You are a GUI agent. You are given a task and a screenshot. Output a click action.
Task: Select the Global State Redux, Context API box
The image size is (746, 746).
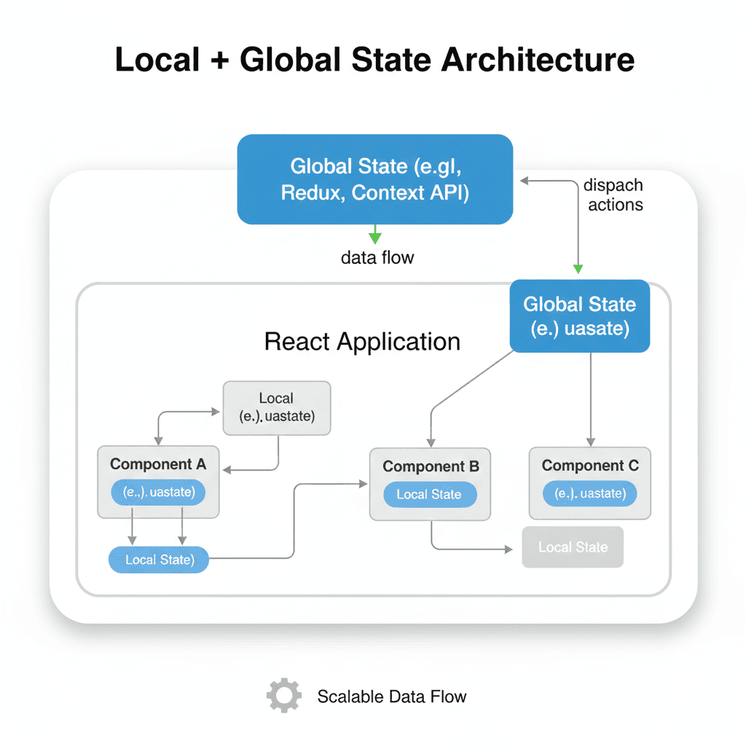click(x=375, y=178)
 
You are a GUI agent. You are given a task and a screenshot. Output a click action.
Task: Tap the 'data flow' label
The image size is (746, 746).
click(x=377, y=257)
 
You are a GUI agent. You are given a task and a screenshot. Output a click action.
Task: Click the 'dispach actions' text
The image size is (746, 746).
click(x=614, y=195)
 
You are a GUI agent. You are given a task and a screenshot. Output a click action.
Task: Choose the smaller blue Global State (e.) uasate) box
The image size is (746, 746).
click(x=579, y=316)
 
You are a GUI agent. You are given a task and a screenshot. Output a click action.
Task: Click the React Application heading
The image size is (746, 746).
click(x=362, y=342)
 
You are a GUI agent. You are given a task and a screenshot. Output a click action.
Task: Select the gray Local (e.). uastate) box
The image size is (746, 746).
click(x=276, y=408)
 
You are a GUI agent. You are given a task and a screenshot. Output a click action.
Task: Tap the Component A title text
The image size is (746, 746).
click(x=158, y=464)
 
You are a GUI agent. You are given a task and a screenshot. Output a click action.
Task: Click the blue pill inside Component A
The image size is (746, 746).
click(x=158, y=492)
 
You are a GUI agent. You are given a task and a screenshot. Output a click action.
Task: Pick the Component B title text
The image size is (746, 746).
click(x=431, y=466)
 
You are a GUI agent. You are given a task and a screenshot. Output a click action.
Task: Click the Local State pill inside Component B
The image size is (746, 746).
click(x=429, y=495)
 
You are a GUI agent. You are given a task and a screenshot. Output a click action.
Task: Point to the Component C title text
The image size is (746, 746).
click(x=590, y=466)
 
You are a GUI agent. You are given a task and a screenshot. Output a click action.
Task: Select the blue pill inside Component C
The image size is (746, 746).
click(x=589, y=494)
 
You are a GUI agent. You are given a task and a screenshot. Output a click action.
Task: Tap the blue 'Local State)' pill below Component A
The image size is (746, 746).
click(x=159, y=559)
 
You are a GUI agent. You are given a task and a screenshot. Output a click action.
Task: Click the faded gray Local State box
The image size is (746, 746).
click(x=573, y=547)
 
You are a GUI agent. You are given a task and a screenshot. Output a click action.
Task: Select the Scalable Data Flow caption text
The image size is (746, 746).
click(x=392, y=696)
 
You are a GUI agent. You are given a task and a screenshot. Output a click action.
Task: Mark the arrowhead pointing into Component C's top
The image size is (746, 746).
click(x=591, y=441)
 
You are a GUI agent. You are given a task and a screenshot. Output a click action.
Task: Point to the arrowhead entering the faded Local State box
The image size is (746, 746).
click(x=509, y=549)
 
